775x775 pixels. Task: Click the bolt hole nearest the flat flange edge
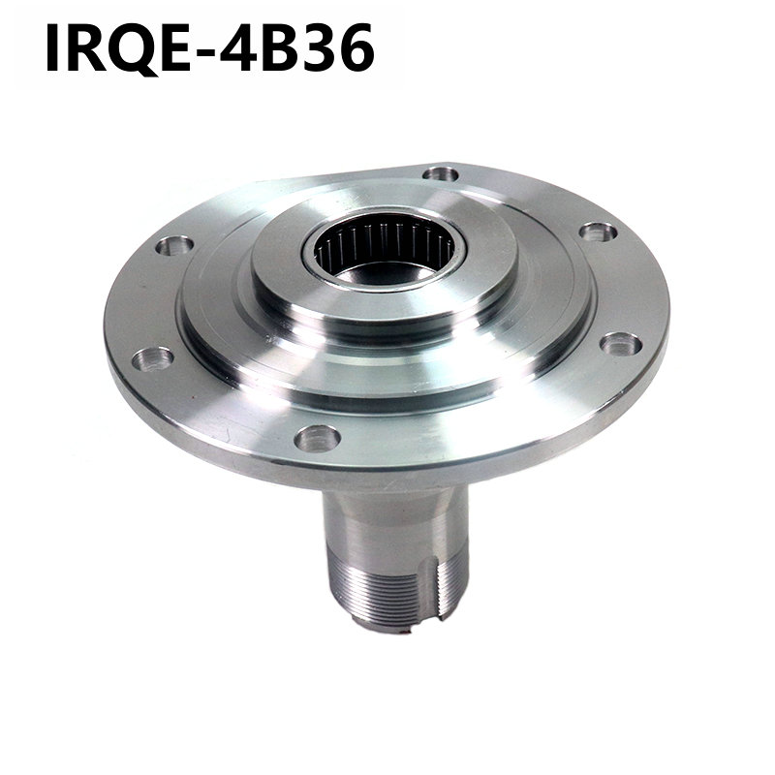coord(442,174)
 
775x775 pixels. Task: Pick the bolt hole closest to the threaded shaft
coord(317,438)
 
